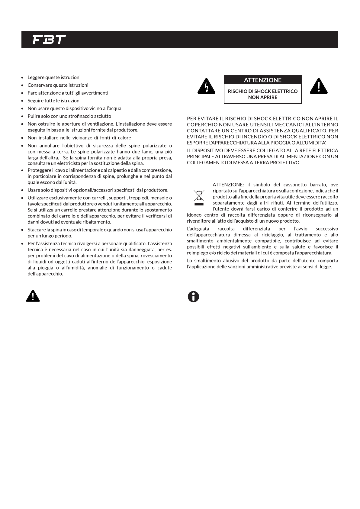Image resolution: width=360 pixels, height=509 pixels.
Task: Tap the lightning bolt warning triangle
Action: click(206, 87)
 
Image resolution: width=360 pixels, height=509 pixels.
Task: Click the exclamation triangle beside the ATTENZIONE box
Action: click(319, 86)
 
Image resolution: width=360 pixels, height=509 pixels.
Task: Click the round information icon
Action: click(193, 297)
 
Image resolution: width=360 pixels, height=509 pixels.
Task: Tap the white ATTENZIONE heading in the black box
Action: click(262, 80)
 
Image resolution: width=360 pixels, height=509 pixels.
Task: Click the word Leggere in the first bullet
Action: click(36, 78)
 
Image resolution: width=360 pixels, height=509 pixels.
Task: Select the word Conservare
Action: click(40, 85)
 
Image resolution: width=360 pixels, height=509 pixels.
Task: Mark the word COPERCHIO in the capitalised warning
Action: click(200, 124)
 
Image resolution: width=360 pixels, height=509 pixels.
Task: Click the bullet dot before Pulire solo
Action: click(22, 116)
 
